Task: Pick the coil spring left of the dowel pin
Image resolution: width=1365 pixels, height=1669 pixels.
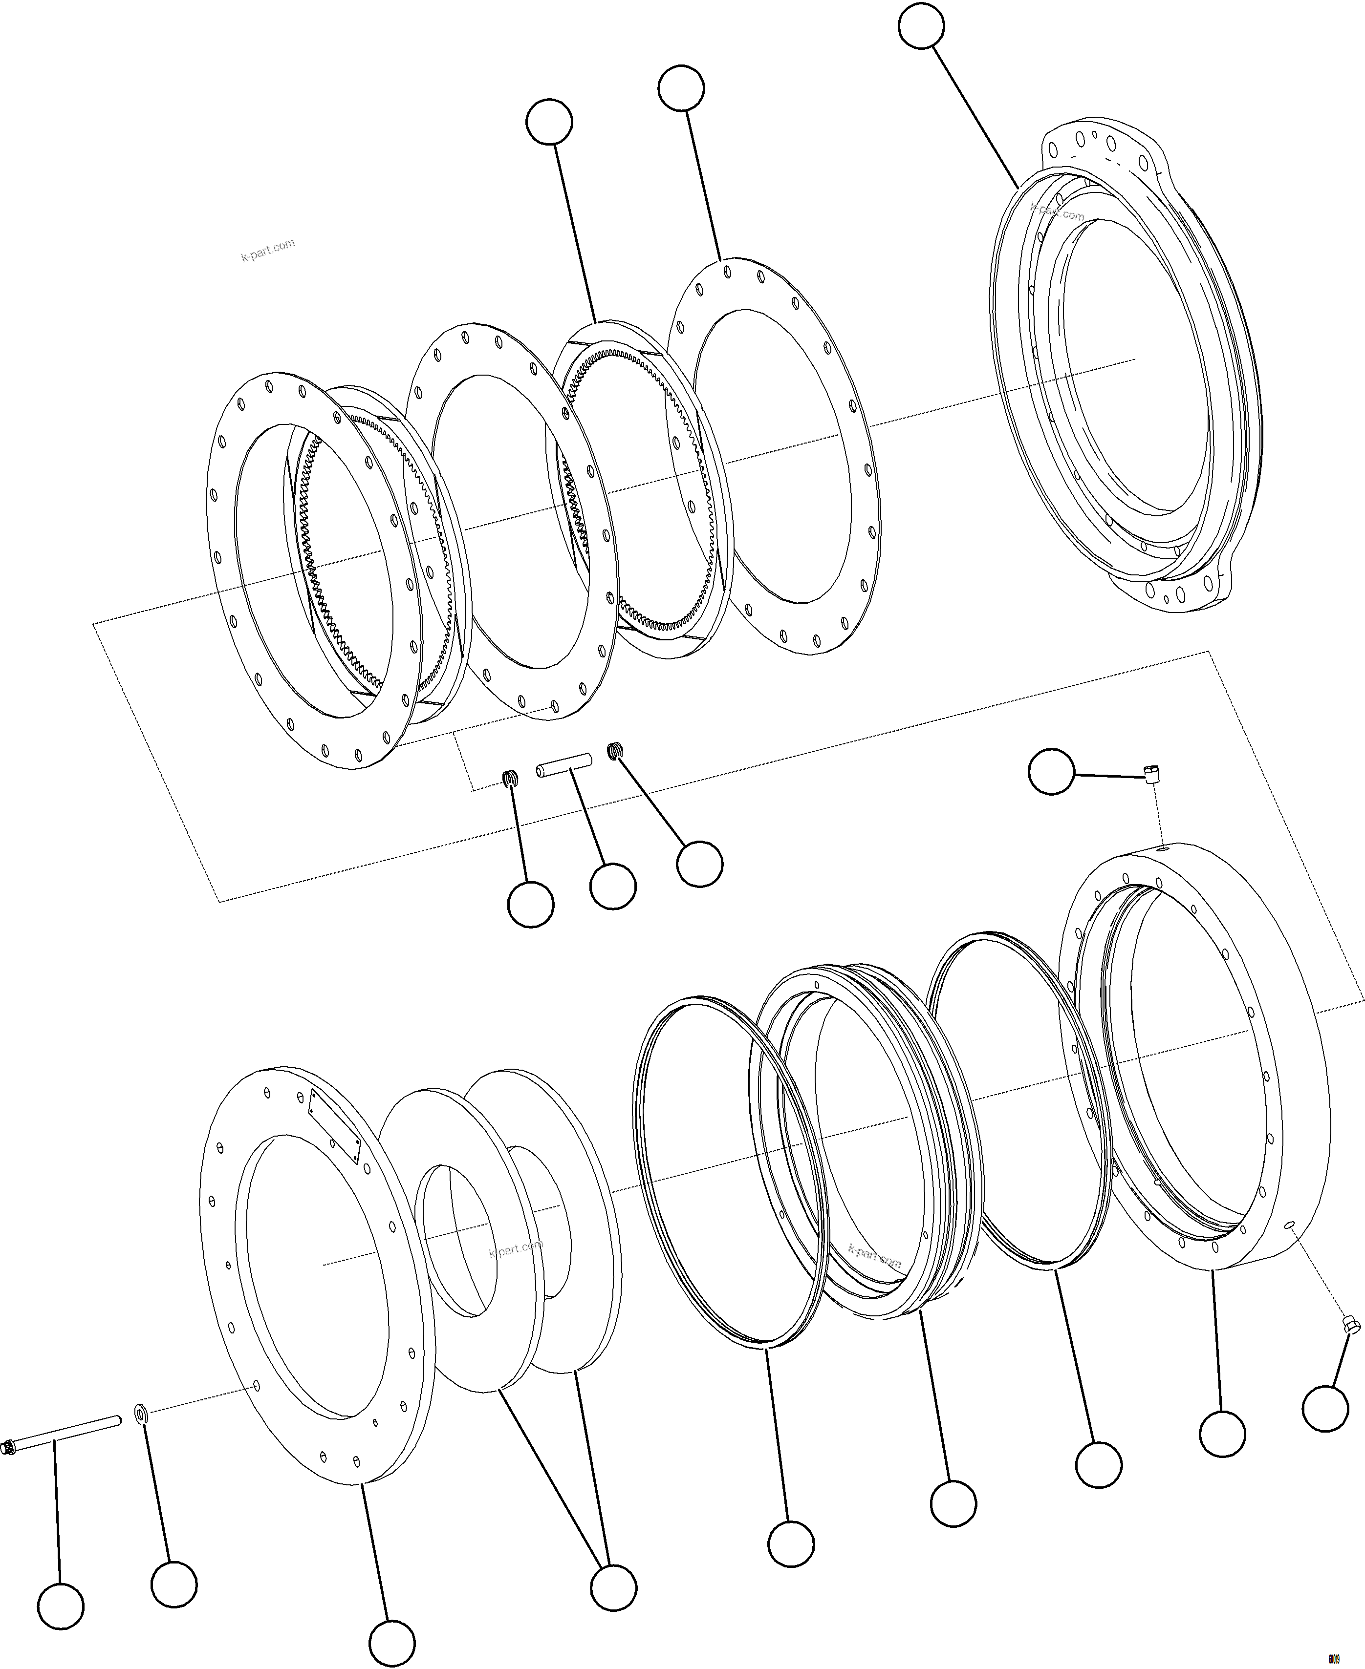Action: pyautogui.click(x=510, y=778)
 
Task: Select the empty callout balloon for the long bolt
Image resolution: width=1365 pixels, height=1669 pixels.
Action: pyautogui.click(x=61, y=1606)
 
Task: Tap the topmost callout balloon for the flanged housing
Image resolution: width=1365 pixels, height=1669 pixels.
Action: pyautogui.click(x=921, y=26)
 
